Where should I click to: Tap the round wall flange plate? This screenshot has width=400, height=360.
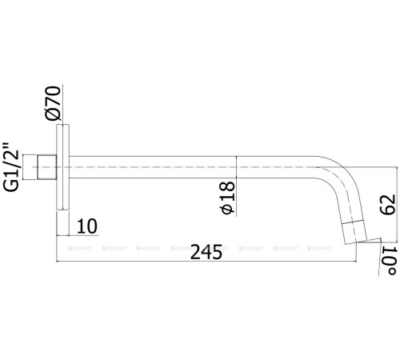tap(63, 169)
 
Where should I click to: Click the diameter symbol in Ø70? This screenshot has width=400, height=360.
tap(53, 115)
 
